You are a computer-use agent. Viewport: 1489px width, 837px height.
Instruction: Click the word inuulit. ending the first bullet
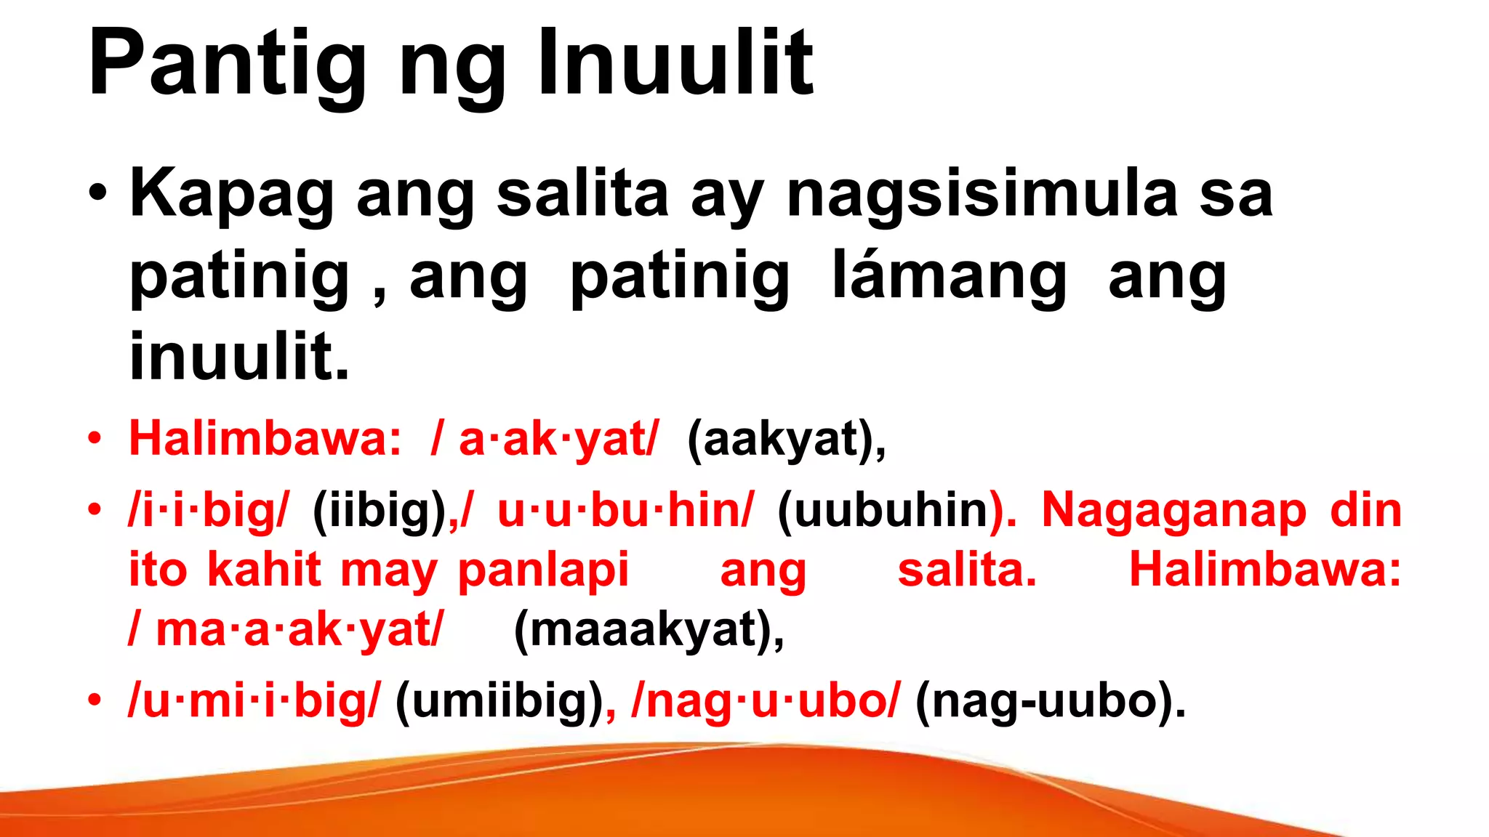point(239,357)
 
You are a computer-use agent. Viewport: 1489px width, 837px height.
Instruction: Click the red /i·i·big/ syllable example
point(209,510)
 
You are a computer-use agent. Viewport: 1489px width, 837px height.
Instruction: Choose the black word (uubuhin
point(883,510)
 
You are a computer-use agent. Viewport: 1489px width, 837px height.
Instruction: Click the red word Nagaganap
point(1173,510)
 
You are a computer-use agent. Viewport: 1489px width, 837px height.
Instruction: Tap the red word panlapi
point(543,570)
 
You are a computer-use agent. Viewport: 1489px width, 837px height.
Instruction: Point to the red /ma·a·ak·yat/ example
point(286,629)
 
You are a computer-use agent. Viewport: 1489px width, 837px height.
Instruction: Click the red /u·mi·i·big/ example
point(254,700)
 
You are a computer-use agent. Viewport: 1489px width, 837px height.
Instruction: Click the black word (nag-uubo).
point(1050,700)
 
